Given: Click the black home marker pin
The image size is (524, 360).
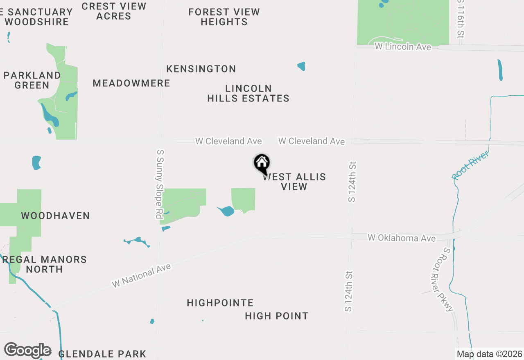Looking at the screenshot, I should pyautogui.click(x=262, y=164).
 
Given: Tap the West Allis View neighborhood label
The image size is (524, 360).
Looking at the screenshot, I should pyautogui.click(x=295, y=182).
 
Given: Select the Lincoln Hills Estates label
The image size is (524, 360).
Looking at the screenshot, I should pyautogui.click(x=248, y=93).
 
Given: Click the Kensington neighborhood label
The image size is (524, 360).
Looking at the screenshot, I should pyautogui.click(x=201, y=69).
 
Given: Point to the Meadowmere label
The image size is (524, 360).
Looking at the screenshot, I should pyautogui.click(x=131, y=83).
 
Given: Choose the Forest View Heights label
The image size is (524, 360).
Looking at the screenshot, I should pyautogui.click(x=224, y=17).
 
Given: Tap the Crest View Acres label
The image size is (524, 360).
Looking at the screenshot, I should pyautogui.click(x=114, y=11).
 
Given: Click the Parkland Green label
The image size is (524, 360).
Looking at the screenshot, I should pyautogui.click(x=32, y=80).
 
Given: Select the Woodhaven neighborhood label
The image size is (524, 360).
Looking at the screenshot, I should pyautogui.click(x=55, y=216).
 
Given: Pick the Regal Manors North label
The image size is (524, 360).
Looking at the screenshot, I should pyautogui.click(x=45, y=264).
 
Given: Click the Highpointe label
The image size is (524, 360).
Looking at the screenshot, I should pyautogui.click(x=220, y=303).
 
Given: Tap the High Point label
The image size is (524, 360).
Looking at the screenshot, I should pyautogui.click(x=277, y=316).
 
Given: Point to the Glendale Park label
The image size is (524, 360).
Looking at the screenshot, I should pyautogui.click(x=102, y=354).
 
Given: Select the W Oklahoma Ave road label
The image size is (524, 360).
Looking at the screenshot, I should pyautogui.click(x=402, y=238).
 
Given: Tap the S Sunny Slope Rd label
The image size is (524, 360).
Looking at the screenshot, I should pyautogui.click(x=160, y=184).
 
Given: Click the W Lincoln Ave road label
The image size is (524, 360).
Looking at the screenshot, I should pyautogui.click(x=403, y=47).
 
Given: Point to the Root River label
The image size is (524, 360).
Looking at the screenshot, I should pyautogui.click(x=470, y=165).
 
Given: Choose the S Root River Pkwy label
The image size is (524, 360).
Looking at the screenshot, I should pyautogui.click(x=443, y=280).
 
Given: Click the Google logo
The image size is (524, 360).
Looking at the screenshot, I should pyautogui.click(x=28, y=351).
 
